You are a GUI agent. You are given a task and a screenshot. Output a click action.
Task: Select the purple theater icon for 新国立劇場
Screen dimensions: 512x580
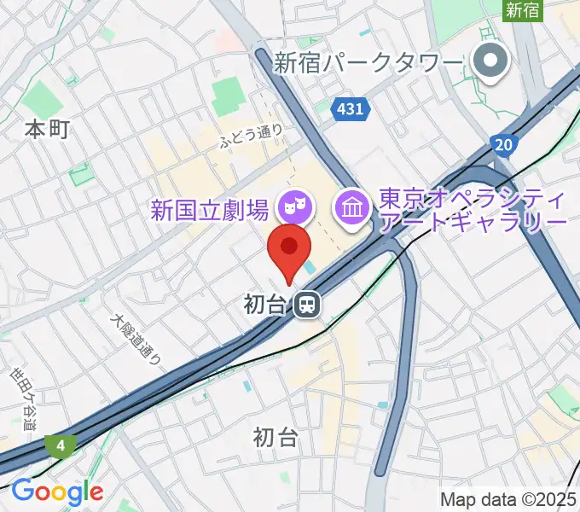296,206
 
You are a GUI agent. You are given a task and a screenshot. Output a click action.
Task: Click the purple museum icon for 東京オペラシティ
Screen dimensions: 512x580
351,206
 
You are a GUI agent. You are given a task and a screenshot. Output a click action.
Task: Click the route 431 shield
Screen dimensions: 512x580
349,108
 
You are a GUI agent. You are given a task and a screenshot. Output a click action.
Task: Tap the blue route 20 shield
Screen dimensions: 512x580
504,145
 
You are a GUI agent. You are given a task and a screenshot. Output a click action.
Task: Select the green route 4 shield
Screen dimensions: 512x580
61,445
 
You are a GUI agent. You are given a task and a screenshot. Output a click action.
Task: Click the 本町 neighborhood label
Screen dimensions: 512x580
47,130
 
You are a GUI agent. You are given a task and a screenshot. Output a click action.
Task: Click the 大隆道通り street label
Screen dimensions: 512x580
136,339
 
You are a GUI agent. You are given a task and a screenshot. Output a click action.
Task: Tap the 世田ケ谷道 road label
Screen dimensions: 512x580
24,398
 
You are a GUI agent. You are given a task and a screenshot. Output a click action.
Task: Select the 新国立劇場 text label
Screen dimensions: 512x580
211,208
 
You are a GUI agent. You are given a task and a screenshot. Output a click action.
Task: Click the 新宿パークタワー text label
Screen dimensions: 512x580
369,62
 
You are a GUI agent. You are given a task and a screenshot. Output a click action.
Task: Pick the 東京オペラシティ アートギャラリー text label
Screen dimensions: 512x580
472,210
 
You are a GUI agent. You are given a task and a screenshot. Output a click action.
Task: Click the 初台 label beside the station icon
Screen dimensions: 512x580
265,305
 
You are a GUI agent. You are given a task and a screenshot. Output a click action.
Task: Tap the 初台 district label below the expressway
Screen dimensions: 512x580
276,438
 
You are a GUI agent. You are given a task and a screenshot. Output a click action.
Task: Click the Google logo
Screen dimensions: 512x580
57,492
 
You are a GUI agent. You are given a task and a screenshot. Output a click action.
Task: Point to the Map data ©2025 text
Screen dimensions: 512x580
507,499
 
